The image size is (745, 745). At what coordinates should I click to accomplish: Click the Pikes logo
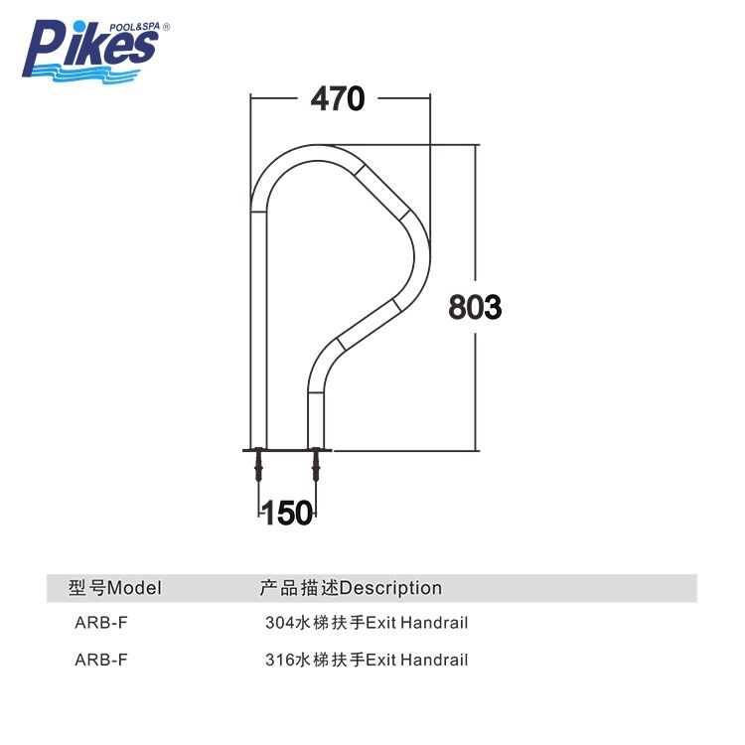(91, 49)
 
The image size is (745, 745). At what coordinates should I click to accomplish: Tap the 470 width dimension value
(338, 98)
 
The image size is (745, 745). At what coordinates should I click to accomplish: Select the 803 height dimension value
(475, 307)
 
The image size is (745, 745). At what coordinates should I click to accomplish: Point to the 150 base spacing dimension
(287, 513)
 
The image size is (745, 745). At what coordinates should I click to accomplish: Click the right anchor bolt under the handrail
(317, 465)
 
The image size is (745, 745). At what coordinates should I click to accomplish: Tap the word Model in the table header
(134, 588)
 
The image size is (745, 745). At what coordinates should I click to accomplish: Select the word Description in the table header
(390, 588)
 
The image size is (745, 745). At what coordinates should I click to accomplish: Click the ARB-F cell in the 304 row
(100, 624)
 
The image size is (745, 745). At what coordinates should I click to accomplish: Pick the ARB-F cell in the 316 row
(100, 660)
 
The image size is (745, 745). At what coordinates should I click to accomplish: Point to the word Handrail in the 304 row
(434, 624)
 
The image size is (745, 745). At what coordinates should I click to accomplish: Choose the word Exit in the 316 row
(381, 660)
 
